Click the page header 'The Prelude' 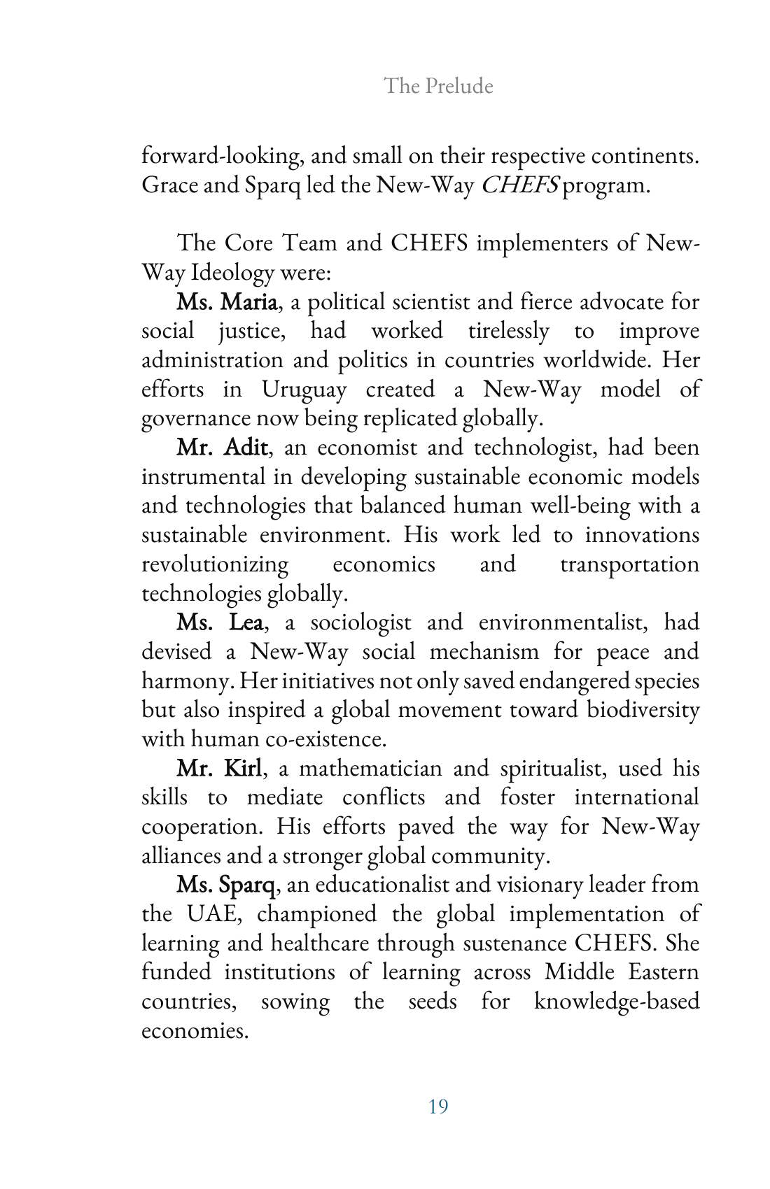438,86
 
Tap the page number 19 438,1106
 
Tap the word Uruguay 304,390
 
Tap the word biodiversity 643,710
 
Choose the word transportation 629,564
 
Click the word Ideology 232,272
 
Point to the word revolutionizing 215,564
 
